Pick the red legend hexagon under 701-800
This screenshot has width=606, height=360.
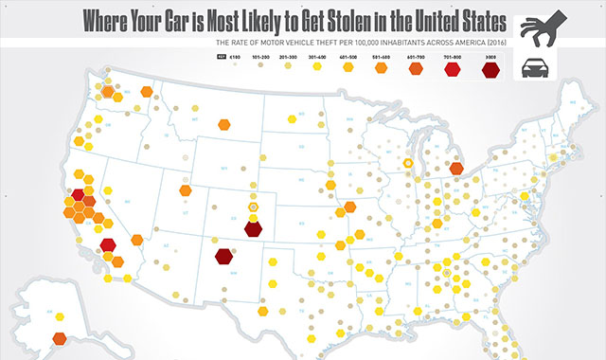point(452,68)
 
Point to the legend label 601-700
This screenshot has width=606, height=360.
point(415,58)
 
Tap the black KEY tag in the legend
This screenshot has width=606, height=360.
point(220,58)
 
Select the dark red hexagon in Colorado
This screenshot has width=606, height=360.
point(253,227)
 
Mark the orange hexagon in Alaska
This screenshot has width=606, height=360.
point(59,338)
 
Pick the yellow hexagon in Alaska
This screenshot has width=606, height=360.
point(62,316)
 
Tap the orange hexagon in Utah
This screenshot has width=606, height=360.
point(186,189)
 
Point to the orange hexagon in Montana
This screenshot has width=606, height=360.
point(225,123)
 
